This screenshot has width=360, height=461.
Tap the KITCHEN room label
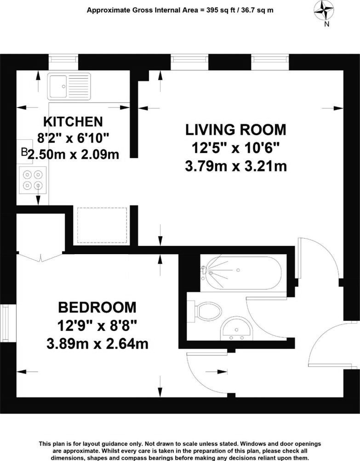coord(72,122)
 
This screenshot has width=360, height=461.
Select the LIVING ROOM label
coord(235,130)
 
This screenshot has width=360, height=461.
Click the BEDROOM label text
coord(97,307)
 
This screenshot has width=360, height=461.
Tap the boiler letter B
coord(24,152)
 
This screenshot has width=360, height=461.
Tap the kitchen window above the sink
coord(64,60)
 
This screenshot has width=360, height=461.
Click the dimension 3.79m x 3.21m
coord(235,165)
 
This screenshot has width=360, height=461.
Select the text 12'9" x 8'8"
coord(97,326)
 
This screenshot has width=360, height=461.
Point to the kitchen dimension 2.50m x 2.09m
coord(74,155)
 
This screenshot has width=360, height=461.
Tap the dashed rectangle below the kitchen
coord(102,225)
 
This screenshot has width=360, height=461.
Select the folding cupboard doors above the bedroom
coord(40,256)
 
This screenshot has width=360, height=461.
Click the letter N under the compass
coord(326,25)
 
